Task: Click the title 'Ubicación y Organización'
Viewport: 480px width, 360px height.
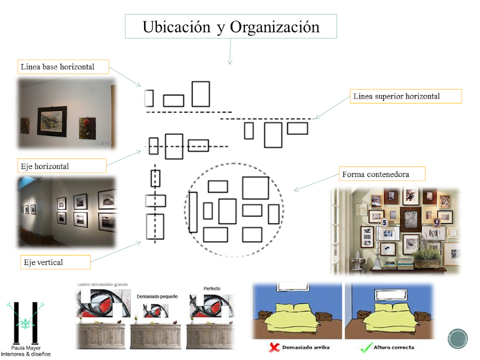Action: [x=231, y=27]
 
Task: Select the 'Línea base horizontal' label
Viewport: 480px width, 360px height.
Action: [x=57, y=67]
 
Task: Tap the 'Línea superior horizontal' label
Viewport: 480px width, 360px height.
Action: [x=396, y=97]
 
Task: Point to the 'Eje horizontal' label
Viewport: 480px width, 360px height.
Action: [x=45, y=166]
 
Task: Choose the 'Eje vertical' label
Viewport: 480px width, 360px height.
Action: [x=43, y=262]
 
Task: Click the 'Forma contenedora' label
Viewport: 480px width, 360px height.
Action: [x=375, y=174]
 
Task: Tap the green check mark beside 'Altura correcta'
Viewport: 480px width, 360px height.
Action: [x=365, y=348]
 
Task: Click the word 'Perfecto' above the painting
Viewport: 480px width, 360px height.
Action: [x=212, y=289]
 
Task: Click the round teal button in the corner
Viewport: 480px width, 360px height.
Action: [x=458, y=339]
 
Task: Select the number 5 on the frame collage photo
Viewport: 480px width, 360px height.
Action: [x=385, y=222]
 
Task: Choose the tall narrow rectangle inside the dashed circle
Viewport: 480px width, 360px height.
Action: [x=193, y=212]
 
